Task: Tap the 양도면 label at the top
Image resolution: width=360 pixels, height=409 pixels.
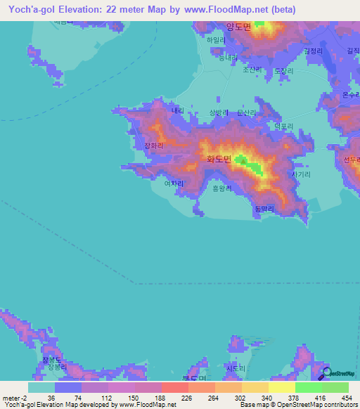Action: point(238,27)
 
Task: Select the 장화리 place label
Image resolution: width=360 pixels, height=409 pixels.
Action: point(153,146)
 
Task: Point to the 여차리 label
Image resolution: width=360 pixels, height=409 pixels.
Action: point(173,183)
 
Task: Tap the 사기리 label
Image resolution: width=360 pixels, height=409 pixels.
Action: point(300,174)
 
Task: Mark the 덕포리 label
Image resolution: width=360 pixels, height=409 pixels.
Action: point(283,126)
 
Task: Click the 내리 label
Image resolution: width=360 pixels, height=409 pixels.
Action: point(177,110)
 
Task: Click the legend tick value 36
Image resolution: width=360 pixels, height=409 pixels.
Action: point(51,397)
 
